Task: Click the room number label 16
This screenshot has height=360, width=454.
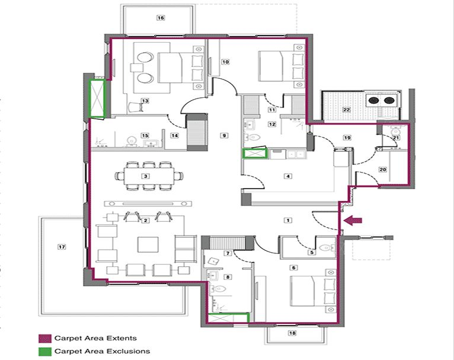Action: coord(160,18)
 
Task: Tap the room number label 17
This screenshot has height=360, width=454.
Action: coord(60,246)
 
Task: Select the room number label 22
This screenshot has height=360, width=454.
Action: coord(346,110)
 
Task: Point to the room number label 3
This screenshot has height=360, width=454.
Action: coord(144,177)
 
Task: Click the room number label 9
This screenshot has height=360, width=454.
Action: coord(223,136)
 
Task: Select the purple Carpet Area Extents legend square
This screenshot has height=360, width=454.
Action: coord(43,339)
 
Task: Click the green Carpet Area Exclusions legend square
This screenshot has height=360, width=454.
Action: coord(43,351)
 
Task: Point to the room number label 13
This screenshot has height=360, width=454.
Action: coord(144,101)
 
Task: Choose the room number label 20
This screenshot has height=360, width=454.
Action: coord(382,170)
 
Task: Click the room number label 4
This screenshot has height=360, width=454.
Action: coord(288,176)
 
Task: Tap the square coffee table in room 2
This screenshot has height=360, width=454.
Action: coord(146,244)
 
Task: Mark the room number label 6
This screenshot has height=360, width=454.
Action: coord(293,267)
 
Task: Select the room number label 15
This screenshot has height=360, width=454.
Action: coord(144,136)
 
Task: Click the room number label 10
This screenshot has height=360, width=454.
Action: coord(226,61)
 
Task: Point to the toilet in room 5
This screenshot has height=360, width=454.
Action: coord(324,247)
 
